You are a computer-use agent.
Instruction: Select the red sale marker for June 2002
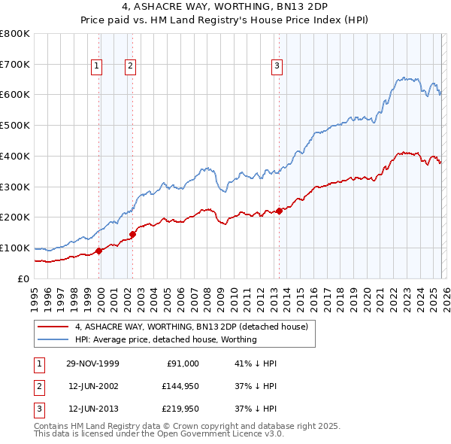(x=132, y=234)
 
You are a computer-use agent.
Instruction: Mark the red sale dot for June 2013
(x=279, y=211)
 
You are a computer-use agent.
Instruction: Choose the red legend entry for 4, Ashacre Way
(x=191, y=327)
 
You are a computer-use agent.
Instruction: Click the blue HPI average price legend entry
(x=165, y=339)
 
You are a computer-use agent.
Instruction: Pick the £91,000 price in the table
(x=181, y=363)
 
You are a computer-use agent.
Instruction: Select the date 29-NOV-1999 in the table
(x=92, y=363)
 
